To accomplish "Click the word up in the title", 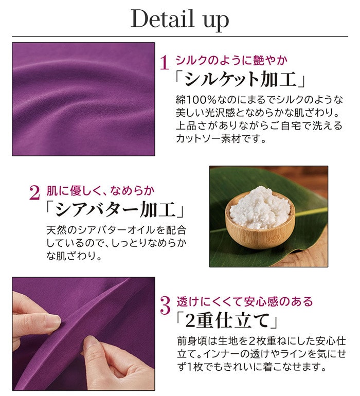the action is coord(216,21).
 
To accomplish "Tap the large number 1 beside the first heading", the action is coord(165,63).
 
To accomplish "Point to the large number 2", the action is coord(34,193).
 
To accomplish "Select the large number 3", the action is coord(166,305).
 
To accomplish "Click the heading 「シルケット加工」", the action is coord(240,80).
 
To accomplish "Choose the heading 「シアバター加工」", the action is coord(115,209).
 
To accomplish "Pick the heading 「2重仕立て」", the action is coord(227,320).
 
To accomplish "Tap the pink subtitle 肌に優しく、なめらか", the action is coord(100,191).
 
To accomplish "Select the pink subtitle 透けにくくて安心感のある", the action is coord(245,301).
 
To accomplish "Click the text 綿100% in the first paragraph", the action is coord(196,100).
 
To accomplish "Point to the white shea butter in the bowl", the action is coord(260,208).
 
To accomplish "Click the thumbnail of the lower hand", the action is coord(92,341).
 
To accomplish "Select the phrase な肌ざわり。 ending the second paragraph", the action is coord(74,256).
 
